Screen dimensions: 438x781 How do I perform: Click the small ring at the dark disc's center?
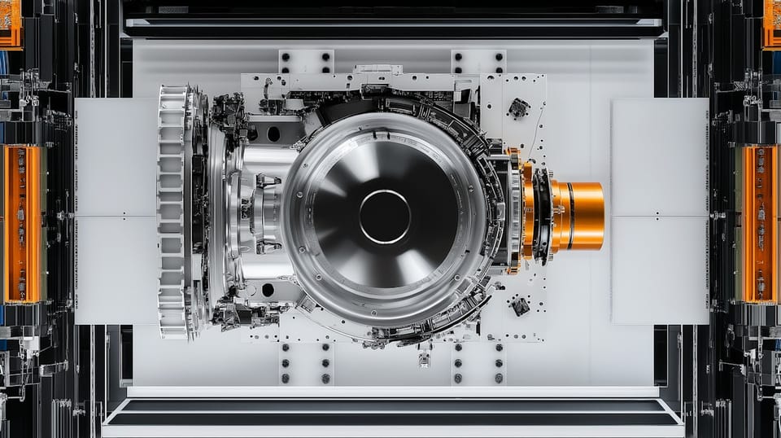coord(384,217)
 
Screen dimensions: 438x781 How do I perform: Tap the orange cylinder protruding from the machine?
coord(578,216)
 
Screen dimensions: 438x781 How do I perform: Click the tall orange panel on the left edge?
coord(24,224)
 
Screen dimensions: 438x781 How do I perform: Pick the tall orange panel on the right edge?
coord(758,224)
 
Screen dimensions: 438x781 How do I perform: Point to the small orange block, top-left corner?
coord(10,23)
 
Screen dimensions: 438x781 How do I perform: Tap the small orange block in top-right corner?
coord(771,23)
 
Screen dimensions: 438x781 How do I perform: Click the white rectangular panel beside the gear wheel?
coord(116,212)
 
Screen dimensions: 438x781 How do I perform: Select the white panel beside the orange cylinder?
coord(660,212)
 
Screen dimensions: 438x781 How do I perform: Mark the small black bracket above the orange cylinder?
coord(517,107)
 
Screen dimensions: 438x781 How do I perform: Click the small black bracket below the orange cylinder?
coord(519,306)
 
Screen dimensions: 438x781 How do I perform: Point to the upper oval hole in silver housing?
coord(273,134)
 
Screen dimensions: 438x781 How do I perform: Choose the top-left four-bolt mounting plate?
coord(306,62)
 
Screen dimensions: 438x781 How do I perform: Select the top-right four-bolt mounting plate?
coord(478,62)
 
